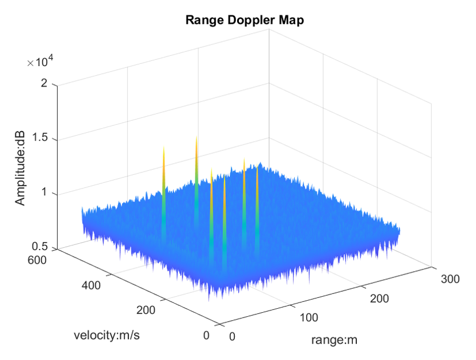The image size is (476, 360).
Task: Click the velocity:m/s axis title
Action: [x=107, y=334]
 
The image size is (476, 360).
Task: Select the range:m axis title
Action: [x=334, y=340]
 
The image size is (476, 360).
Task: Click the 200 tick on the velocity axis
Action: [x=147, y=310]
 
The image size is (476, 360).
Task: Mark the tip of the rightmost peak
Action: [x=258, y=163]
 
